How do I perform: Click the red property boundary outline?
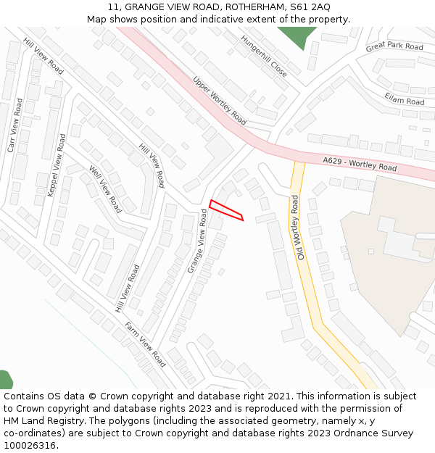[226, 209]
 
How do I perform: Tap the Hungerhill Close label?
[264, 57]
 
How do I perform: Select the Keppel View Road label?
[56, 165]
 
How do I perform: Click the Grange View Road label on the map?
[198, 241]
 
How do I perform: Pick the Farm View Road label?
[146, 344]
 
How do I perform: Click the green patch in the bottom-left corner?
[5, 381]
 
